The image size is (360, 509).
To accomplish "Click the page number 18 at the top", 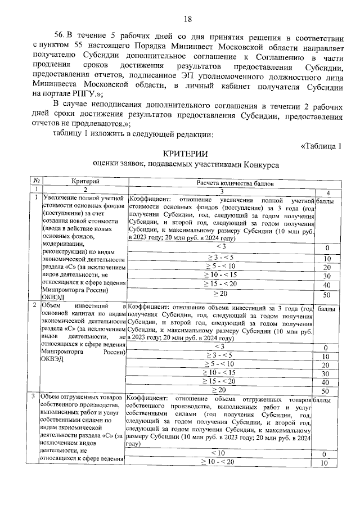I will tap(187, 19).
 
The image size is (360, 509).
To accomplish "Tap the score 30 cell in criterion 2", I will tap(325, 373).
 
